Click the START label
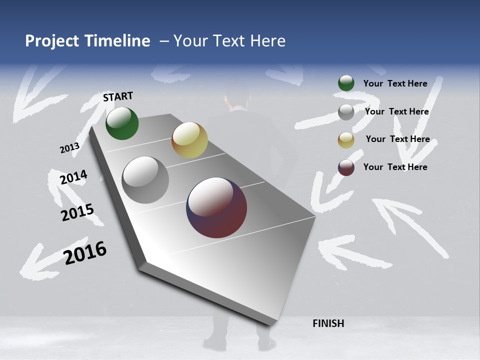(118, 96)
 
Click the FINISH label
(328, 323)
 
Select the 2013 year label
(69, 148)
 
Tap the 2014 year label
(73, 177)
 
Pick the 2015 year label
(77, 212)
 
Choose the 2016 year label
(85, 253)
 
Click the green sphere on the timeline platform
(122, 123)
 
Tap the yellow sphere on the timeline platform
(189, 140)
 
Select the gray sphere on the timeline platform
(145, 180)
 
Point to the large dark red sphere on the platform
(216, 207)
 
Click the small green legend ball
(346, 83)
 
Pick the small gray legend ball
(346, 112)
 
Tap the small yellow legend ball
(346, 139)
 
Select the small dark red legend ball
(346, 167)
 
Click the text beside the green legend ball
(395, 84)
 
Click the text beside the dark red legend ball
(395, 167)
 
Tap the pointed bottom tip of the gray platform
(270, 323)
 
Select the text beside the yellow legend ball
(397, 139)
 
